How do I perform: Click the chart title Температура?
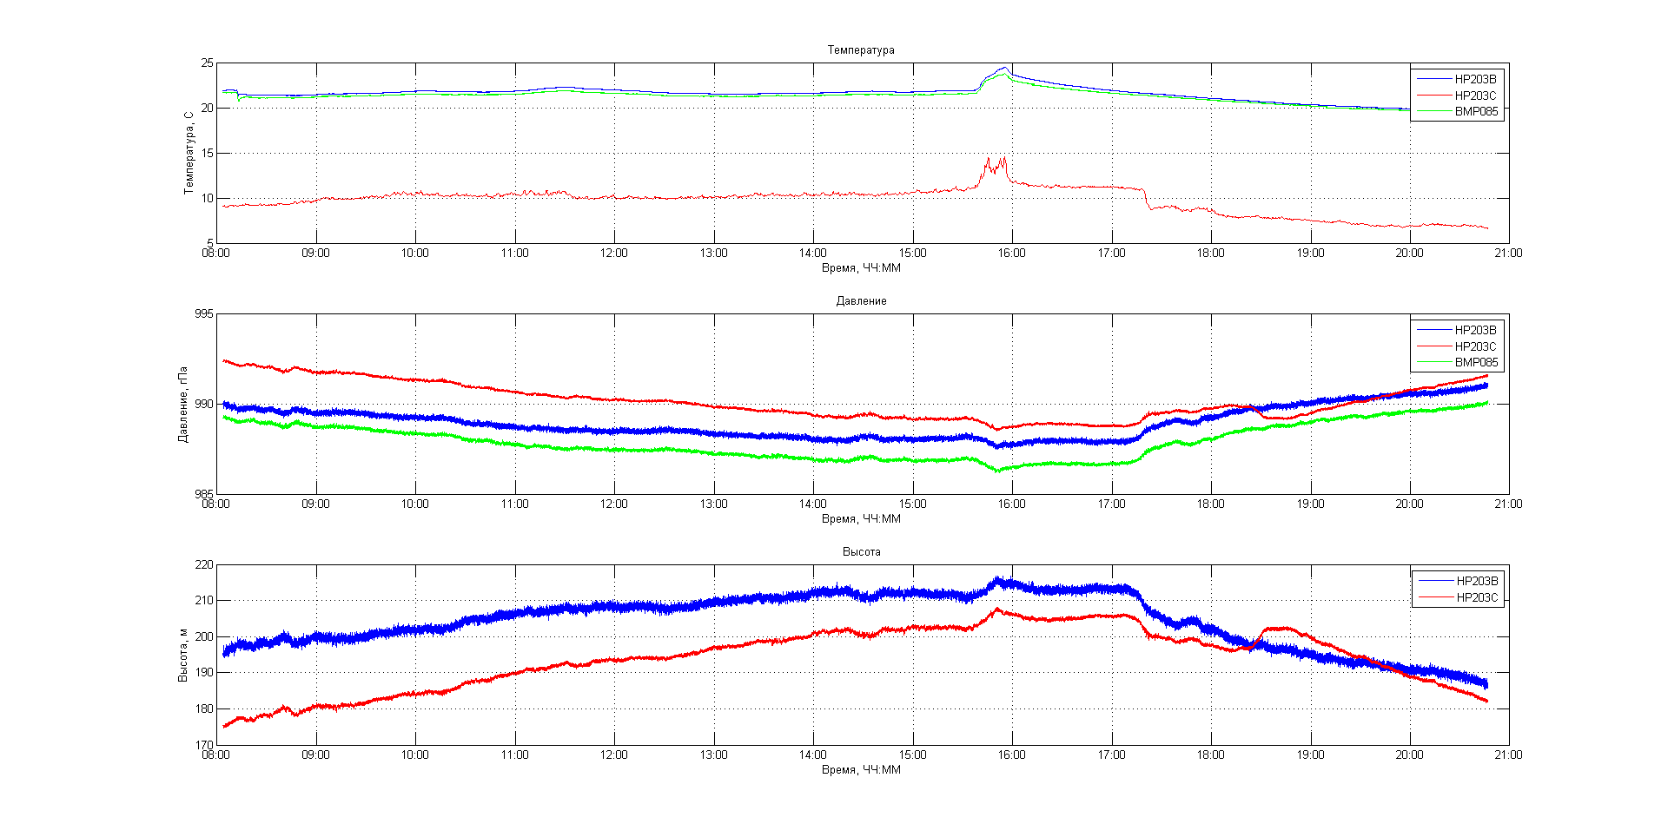[x=860, y=50]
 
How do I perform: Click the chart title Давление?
[x=861, y=301]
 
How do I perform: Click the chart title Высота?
[x=861, y=552]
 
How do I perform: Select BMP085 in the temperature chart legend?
[x=1476, y=112]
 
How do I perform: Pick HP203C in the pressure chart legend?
[x=1475, y=346]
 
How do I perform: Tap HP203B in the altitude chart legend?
[x=1477, y=581]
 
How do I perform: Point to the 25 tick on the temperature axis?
[x=207, y=63]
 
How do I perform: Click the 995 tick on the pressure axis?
[x=203, y=314]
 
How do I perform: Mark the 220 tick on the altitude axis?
[x=203, y=565]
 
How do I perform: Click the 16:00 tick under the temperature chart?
[x=1011, y=254]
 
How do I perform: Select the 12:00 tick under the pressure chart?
[x=613, y=504]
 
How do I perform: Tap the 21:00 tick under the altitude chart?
[x=1508, y=755]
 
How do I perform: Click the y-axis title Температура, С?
[x=189, y=153]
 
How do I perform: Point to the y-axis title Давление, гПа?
[x=183, y=404]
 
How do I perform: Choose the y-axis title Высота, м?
[x=183, y=655]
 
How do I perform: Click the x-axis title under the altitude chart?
[x=861, y=770]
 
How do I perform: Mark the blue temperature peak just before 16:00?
[x=1004, y=68]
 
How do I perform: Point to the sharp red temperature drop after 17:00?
[x=1147, y=199]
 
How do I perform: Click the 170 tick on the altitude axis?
[x=203, y=745]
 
